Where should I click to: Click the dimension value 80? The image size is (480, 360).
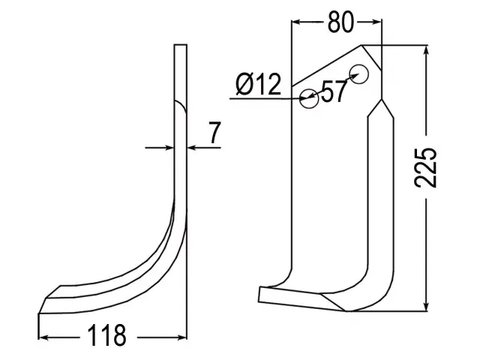point(340,22)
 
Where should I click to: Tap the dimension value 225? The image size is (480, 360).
point(425,167)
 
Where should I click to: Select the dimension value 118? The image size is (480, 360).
point(106,335)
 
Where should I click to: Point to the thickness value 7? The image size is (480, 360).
point(215,133)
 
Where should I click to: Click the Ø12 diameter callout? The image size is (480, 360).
point(259,84)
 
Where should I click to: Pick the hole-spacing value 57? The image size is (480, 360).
point(334,91)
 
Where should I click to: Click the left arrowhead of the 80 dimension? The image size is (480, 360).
point(296,22)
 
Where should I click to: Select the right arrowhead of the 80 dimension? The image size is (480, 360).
point(376,22)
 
